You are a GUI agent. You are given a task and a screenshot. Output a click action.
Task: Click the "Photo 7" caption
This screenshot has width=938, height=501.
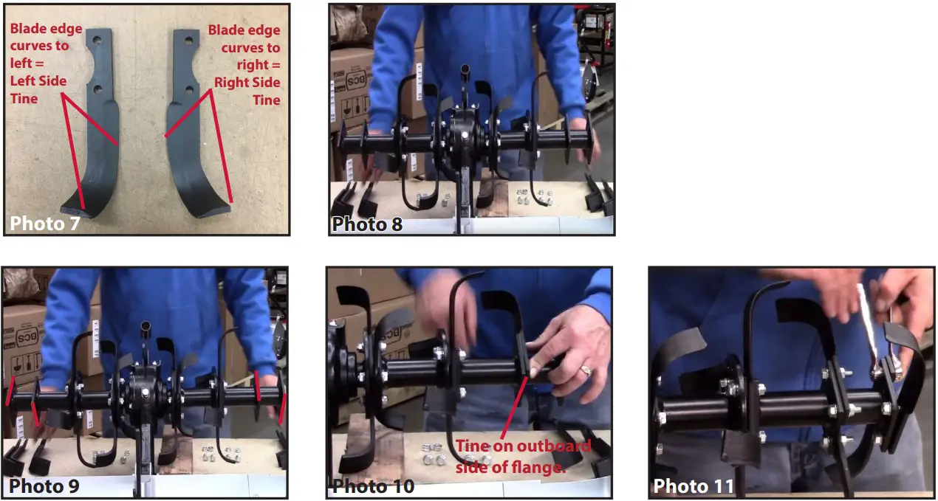click(45, 223)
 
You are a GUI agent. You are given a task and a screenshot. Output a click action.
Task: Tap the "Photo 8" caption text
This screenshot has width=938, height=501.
click(367, 224)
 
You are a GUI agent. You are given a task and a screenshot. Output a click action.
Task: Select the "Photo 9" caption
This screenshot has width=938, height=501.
click(44, 486)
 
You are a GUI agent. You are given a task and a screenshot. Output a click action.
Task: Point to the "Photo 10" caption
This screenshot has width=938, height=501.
click(373, 486)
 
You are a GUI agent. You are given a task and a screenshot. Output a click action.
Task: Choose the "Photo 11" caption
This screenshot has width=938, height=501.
click(694, 486)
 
